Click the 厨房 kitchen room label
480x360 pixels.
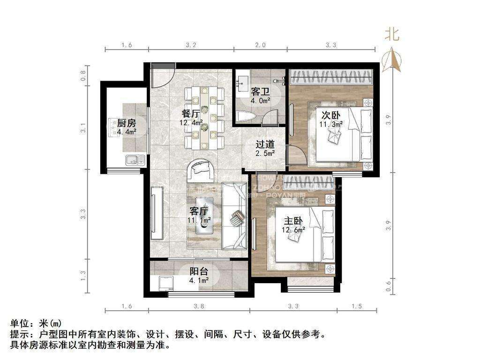point(126,123)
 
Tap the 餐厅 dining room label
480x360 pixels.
point(192,113)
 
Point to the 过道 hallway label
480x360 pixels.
point(264,145)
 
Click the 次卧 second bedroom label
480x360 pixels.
point(331,115)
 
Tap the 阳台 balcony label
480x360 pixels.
point(199,272)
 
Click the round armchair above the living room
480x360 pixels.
point(202,171)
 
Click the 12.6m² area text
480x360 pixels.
point(294,229)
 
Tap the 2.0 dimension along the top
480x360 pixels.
point(260,45)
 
